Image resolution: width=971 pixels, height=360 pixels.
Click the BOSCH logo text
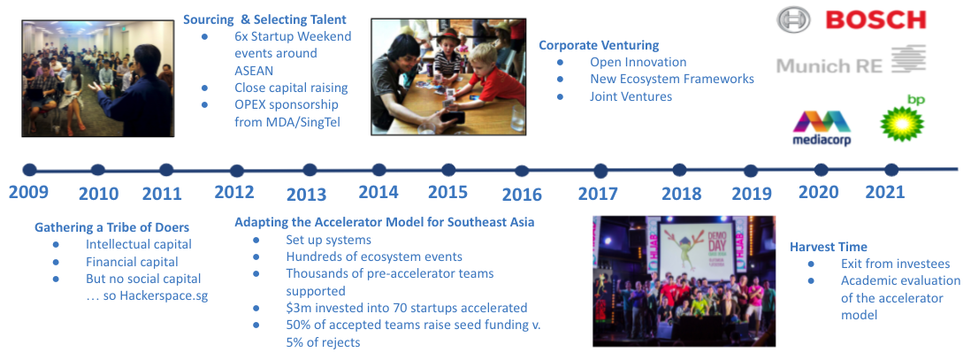click(875, 19)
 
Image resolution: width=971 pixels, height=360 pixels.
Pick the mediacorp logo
click(822, 128)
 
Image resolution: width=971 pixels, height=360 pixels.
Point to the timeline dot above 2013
click(310, 170)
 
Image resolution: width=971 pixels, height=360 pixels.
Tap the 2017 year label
click(598, 194)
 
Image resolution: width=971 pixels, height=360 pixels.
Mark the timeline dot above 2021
click(891, 169)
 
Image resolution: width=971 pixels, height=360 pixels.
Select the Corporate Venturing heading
click(599, 45)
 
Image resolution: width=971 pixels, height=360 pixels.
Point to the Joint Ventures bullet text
click(631, 96)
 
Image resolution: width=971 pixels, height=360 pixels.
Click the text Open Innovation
click(638, 62)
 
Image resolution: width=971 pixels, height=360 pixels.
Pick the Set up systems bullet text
click(328, 240)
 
